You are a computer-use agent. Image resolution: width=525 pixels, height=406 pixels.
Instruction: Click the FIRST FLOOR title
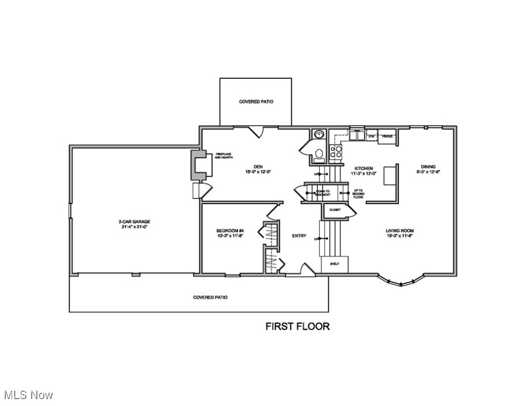coord(297,326)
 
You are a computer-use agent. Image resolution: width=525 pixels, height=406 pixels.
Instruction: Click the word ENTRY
coord(299,236)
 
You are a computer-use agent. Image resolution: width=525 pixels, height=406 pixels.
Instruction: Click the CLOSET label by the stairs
coord(335,210)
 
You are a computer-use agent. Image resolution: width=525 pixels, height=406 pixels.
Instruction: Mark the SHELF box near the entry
coord(334,263)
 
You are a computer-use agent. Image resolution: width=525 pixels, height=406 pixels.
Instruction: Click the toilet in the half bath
coord(318,154)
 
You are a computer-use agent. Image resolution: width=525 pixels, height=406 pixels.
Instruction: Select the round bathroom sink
coord(319,135)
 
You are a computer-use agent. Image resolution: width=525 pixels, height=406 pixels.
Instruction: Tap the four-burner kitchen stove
coord(335,152)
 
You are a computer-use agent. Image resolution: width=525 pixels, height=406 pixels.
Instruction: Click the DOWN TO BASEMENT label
coord(323,193)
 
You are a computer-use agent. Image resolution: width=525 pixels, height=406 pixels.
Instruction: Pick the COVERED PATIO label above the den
coord(256,101)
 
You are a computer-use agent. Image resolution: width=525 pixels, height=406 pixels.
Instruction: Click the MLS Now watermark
coord(28,394)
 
